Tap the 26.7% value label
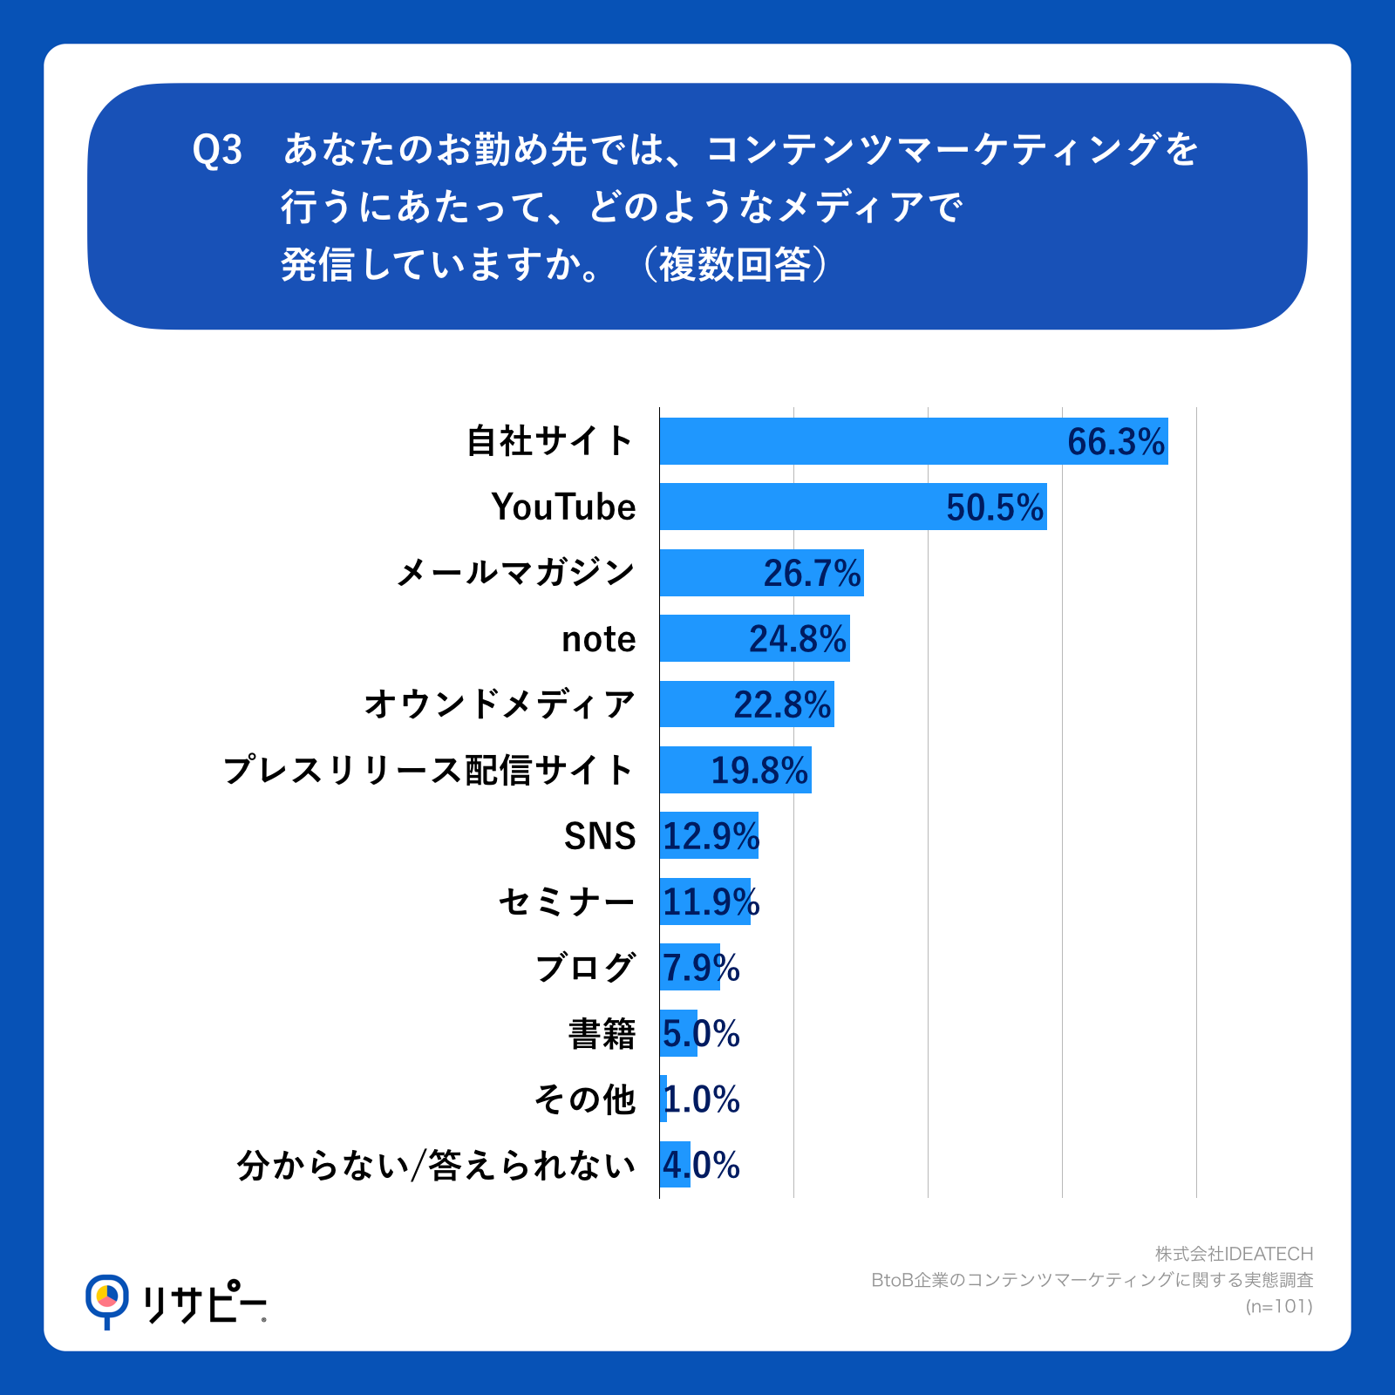[x=812, y=574]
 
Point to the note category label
[x=598, y=639]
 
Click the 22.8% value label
[x=782, y=704]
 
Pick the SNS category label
[x=600, y=836]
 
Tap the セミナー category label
[x=567, y=902]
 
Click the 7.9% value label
[x=701, y=968]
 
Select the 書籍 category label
[x=602, y=1034]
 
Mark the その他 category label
[x=585, y=1099]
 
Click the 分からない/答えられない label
[x=436, y=1166]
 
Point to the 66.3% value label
[x=1116, y=442]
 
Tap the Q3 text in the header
[x=217, y=150]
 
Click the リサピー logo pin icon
[x=106, y=1299]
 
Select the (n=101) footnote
[x=1279, y=1306]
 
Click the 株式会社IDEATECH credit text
[x=1234, y=1254]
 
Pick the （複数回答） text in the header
[x=734, y=265]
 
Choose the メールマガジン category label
[x=515, y=573]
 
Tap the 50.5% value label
[x=995, y=507]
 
